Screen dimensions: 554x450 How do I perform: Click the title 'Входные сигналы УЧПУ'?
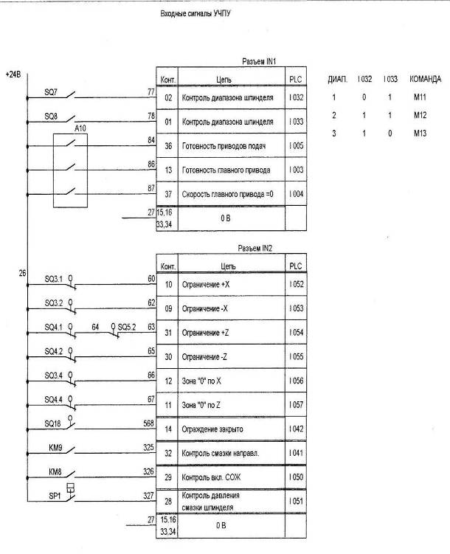coord(195,14)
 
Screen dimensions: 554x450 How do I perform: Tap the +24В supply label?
coord(13,75)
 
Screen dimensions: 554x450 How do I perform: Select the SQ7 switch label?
coord(51,92)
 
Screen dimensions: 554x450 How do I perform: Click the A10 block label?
coord(80,128)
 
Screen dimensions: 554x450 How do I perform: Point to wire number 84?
coord(151,139)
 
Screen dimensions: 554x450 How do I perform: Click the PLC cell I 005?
coord(296,146)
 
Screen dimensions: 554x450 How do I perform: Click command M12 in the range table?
coord(420,116)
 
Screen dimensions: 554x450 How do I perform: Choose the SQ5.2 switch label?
coord(126,326)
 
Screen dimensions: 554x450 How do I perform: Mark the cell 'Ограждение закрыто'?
coord(222,429)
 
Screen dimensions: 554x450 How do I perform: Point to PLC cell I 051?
coord(296,502)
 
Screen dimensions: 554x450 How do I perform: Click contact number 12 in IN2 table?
coord(167,381)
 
